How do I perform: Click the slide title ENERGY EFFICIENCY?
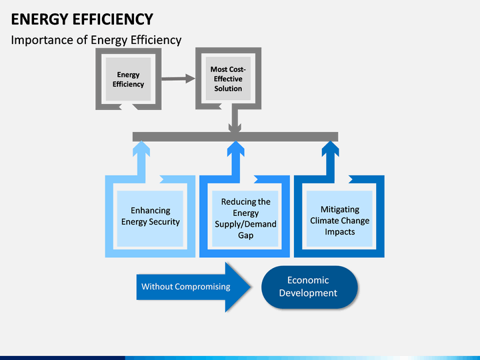pos(82,19)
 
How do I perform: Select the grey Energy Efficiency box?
pos(128,79)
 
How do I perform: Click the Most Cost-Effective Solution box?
pos(228,79)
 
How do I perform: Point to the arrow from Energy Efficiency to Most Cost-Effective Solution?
pos(178,79)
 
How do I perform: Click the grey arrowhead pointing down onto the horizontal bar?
pos(235,127)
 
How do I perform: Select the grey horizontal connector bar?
pos(235,137)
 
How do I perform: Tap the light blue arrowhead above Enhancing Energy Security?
pos(141,148)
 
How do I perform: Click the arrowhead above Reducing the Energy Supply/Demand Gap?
pos(235,148)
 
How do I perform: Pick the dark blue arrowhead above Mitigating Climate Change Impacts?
pos(330,148)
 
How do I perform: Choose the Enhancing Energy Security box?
pos(150,216)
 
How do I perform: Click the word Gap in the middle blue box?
pos(245,235)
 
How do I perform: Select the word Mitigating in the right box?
pos(340,209)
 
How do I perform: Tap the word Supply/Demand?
pos(245,224)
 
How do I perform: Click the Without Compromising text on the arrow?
pos(186,287)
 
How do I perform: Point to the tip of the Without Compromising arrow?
pos(251,287)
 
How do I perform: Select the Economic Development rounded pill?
pos(309,287)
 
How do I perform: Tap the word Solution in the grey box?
pos(228,89)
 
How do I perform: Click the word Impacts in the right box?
pos(340,232)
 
